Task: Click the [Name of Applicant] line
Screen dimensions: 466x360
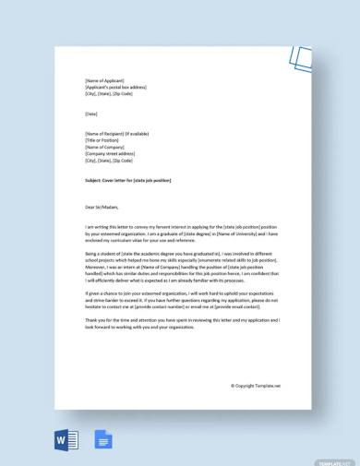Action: (x=104, y=80)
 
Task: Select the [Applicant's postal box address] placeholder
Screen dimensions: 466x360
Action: (x=115, y=87)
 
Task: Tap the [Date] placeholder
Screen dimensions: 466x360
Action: (x=91, y=114)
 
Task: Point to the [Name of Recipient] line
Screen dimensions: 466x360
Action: (x=116, y=134)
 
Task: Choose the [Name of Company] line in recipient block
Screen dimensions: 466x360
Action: (x=104, y=147)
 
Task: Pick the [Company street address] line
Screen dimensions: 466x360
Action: (x=110, y=153)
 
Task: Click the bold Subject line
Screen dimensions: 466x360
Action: (x=127, y=180)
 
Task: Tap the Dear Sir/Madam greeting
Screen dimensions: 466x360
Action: (x=102, y=207)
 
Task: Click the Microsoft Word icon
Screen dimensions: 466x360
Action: (x=66, y=440)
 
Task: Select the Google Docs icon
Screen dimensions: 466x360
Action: (x=102, y=440)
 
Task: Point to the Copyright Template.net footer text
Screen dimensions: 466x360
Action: (x=256, y=386)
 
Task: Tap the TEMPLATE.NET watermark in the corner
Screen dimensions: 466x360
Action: (x=333, y=461)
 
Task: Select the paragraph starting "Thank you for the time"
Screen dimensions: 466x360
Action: (x=182, y=323)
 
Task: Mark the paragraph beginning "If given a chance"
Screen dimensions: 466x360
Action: (x=181, y=299)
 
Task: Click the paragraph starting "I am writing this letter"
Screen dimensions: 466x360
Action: (x=181, y=233)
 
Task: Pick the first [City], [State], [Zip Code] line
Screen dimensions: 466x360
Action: (x=109, y=93)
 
